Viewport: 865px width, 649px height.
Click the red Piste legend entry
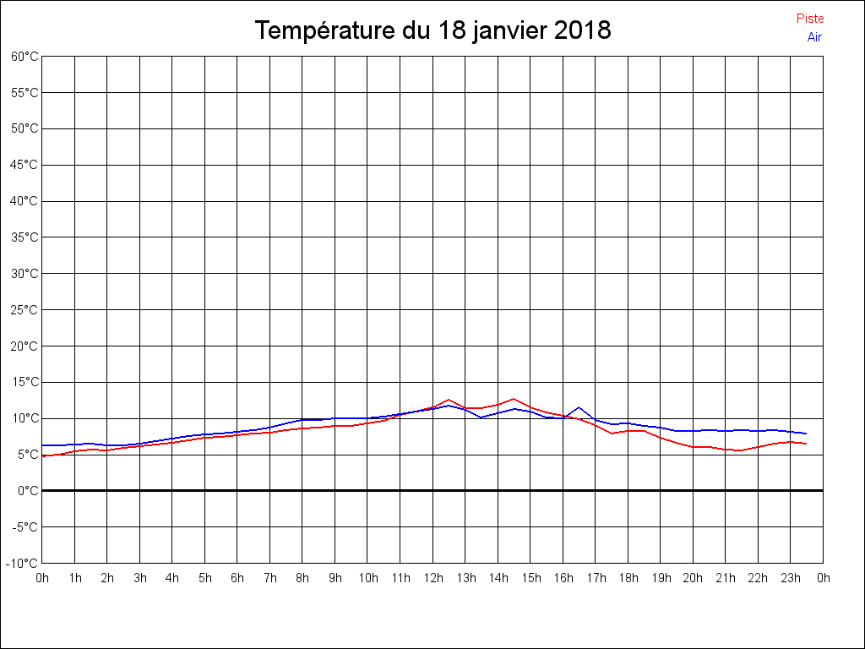click(809, 19)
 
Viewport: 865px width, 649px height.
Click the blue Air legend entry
click(814, 36)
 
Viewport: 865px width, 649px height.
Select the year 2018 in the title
click(583, 31)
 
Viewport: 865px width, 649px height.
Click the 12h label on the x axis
click(432, 578)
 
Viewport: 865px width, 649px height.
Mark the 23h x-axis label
click(791, 578)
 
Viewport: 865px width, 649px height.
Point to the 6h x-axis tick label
click(237, 578)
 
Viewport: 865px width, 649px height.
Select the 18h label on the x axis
click(628, 578)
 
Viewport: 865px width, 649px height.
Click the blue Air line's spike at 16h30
click(579, 407)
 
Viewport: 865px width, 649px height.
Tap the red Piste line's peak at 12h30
click(449, 400)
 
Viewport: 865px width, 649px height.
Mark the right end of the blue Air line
click(806, 434)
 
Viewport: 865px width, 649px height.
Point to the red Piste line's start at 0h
click(43, 456)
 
